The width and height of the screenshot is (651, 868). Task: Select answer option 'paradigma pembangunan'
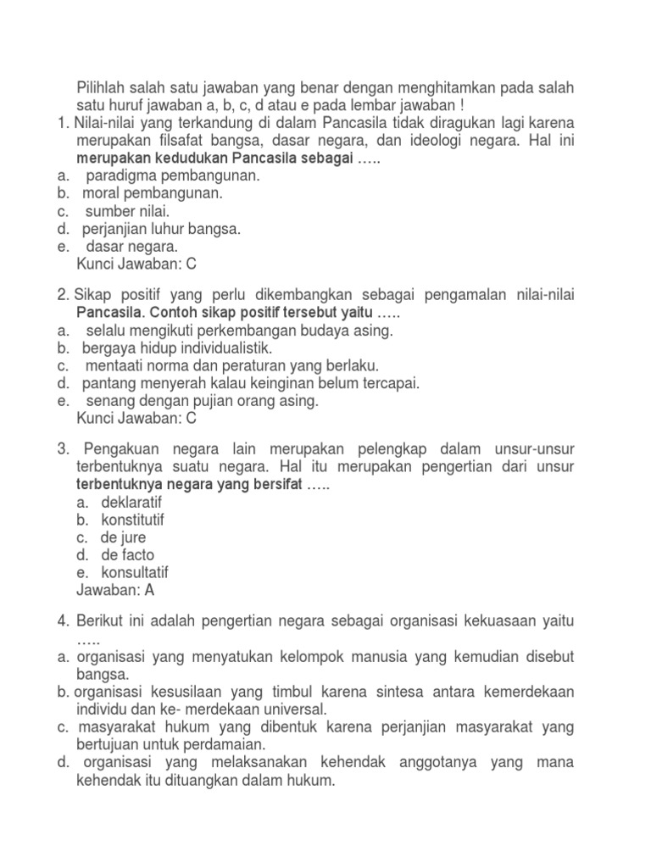point(173,176)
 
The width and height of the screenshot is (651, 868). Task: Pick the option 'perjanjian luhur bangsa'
point(161,229)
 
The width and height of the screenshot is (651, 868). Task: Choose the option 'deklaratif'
point(131,502)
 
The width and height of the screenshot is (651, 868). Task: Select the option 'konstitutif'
point(132,520)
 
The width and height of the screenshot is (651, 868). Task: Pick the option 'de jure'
point(124,537)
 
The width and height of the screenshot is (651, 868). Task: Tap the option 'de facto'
point(127,555)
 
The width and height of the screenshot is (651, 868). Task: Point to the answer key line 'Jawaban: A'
point(116,591)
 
